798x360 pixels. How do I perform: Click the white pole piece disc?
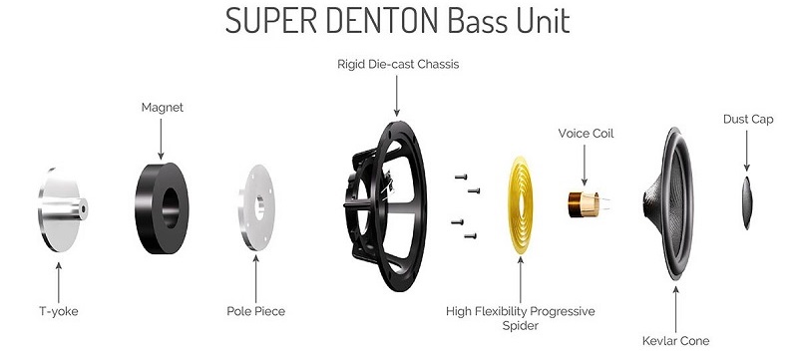(x=257, y=205)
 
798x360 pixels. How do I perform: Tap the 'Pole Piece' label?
(x=255, y=311)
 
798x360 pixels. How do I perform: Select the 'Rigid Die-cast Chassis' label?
(x=397, y=65)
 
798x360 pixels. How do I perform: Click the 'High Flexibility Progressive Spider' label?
(x=521, y=318)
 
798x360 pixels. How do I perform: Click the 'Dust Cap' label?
(x=747, y=120)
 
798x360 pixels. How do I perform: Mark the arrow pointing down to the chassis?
(x=397, y=96)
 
